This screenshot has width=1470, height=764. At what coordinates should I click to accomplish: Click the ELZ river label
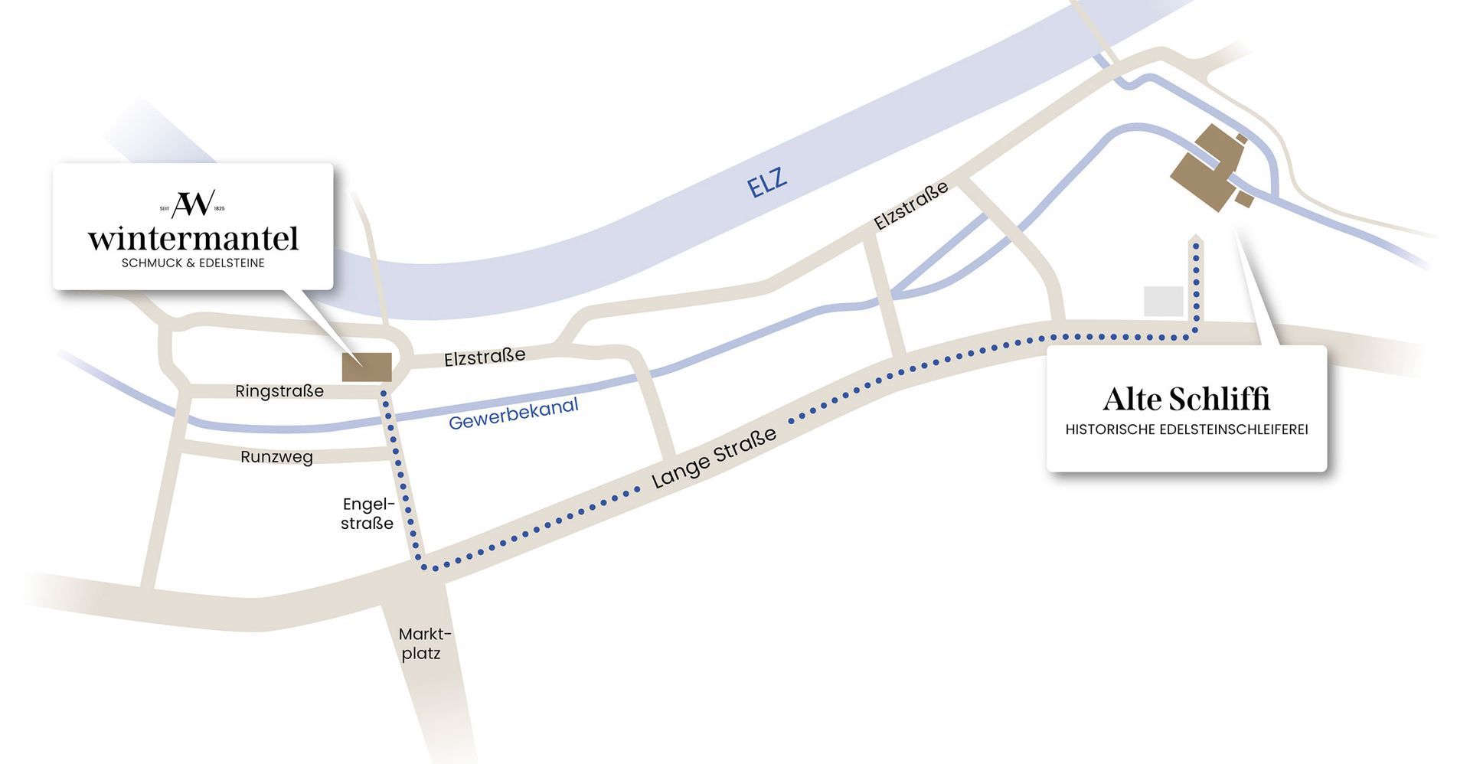tap(767, 181)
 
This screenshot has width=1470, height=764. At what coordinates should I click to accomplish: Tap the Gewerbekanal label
tap(513, 413)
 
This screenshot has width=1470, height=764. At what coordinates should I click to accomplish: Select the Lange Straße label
tap(714, 458)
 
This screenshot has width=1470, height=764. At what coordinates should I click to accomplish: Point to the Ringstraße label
tap(279, 391)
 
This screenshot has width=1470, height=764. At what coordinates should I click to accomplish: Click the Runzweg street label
tap(276, 457)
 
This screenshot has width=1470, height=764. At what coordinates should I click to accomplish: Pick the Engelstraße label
tap(367, 514)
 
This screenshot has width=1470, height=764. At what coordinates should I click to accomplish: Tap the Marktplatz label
tap(424, 644)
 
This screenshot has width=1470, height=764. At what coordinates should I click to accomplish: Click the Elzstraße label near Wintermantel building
tap(485, 357)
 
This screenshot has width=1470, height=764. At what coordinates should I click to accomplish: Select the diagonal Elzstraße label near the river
tap(910, 205)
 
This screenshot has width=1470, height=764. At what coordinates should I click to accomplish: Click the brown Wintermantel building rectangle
tap(367, 367)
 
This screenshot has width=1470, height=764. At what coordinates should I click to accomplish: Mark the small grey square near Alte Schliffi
tap(1163, 301)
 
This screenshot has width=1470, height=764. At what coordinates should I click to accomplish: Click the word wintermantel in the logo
tap(193, 238)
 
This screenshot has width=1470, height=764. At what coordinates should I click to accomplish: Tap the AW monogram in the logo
tap(192, 204)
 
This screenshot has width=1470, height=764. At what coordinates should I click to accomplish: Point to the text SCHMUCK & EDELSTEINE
tap(193, 263)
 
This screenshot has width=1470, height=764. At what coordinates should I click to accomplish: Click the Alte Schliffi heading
tap(1186, 399)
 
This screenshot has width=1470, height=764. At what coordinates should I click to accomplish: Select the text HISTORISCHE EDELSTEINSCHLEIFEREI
tap(1186, 429)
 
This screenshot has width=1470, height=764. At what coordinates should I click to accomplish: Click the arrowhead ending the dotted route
tap(1196, 240)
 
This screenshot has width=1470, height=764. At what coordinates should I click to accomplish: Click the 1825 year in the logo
tap(220, 208)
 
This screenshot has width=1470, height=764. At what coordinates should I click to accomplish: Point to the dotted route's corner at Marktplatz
tap(426, 567)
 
